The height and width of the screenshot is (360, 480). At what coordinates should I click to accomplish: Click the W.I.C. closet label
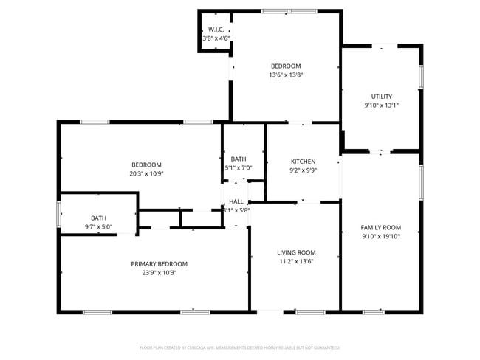point(216,29)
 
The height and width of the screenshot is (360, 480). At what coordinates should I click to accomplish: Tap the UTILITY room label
point(381,97)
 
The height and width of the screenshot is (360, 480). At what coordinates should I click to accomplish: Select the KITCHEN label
point(303,162)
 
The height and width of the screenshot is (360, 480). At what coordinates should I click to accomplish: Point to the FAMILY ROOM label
point(380,227)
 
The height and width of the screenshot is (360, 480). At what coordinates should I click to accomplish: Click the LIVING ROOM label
point(296,252)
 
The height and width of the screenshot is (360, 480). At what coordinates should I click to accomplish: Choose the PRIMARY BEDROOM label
point(159,263)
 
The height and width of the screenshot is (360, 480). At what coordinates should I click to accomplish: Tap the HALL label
point(236,201)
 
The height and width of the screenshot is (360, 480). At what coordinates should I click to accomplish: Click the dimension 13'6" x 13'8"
point(286,75)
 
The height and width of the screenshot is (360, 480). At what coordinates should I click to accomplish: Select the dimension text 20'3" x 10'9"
point(146,173)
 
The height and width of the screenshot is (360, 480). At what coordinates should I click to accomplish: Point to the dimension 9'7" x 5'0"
point(98,227)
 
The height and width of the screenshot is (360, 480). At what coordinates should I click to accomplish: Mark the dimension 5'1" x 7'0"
point(239,168)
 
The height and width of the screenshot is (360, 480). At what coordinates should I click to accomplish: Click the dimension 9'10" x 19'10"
point(380,237)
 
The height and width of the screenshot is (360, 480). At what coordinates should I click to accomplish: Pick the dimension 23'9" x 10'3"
point(159,272)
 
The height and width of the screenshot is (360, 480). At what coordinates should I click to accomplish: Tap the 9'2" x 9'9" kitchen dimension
point(303,170)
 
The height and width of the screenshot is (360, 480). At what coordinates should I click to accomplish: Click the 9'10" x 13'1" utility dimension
point(381,105)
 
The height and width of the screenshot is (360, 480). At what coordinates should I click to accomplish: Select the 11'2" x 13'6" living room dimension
point(296,261)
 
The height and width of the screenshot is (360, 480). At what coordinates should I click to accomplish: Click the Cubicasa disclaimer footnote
point(239,347)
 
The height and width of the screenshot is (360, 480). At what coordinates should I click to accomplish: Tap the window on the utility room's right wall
point(421,75)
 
